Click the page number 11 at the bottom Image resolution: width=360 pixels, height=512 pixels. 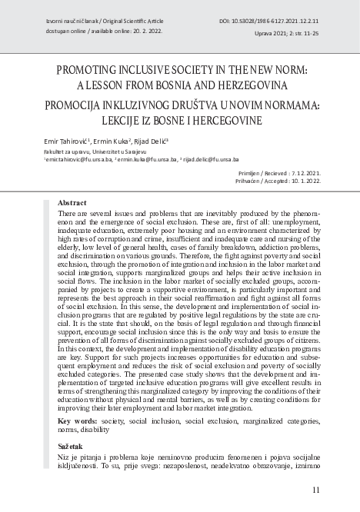click(316, 490)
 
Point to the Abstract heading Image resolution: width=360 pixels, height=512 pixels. click(72, 202)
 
